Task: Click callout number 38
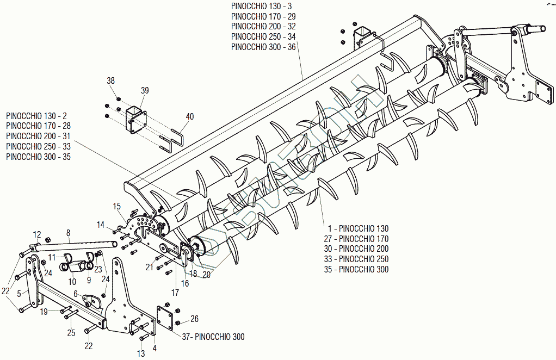click(x=111, y=80)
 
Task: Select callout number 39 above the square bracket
click(x=144, y=90)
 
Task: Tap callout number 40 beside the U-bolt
click(x=189, y=116)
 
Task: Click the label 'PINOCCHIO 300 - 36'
click(x=263, y=47)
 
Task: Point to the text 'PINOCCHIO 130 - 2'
click(x=36, y=116)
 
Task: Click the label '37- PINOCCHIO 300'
click(x=213, y=337)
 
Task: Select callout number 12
click(x=37, y=234)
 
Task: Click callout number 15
click(x=116, y=206)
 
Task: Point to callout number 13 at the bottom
click(x=141, y=353)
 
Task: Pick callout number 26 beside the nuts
click(x=194, y=319)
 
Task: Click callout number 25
click(x=71, y=332)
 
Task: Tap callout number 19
click(x=44, y=312)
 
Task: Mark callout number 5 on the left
click(x=19, y=294)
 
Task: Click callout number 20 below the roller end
click(x=206, y=275)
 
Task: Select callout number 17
click(x=175, y=293)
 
